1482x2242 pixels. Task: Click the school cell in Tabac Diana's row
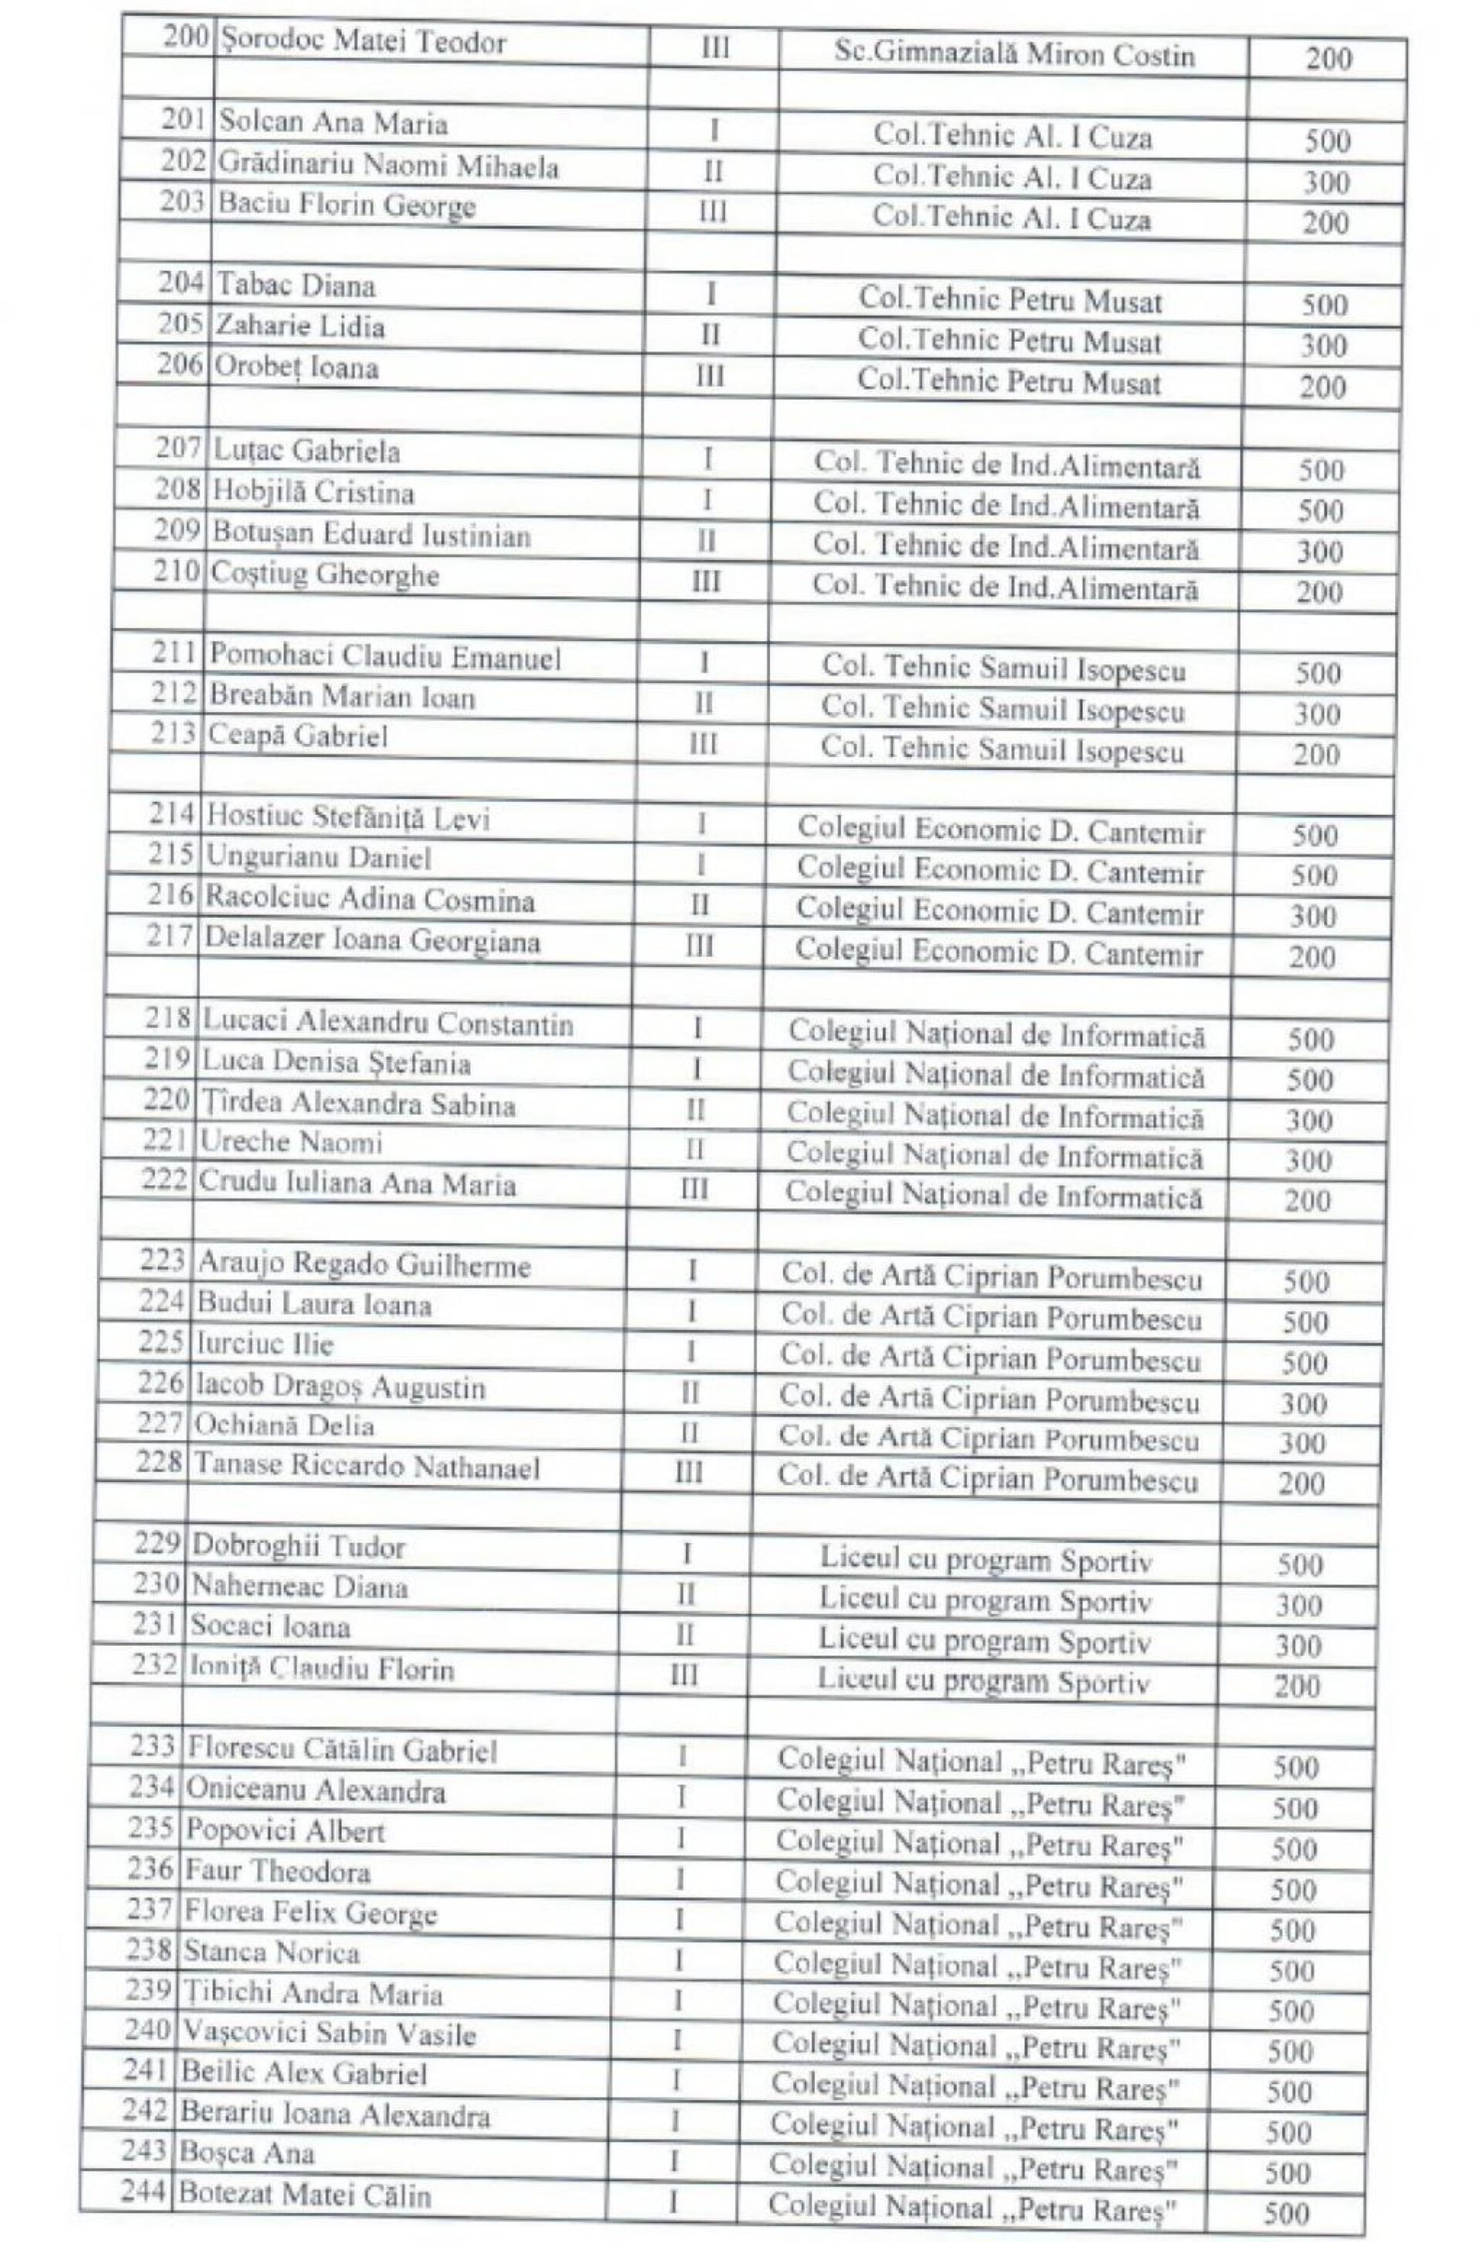(x=1009, y=300)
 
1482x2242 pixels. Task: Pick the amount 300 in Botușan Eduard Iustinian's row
(x=1319, y=550)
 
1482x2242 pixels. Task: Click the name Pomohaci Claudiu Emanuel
(x=384, y=657)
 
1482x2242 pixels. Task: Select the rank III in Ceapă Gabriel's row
(x=702, y=744)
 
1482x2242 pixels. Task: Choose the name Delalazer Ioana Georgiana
(x=372, y=941)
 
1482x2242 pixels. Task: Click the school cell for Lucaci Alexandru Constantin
(x=996, y=1034)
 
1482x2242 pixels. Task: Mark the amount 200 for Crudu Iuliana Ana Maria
(x=1308, y=1201)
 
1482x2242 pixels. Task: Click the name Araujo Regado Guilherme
(x=364, y=1265)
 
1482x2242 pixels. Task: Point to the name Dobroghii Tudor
(x=298, y=1547)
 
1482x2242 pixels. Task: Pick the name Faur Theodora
(x=277, y=1871)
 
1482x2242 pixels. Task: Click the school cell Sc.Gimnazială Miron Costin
(x=1014, y=56)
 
